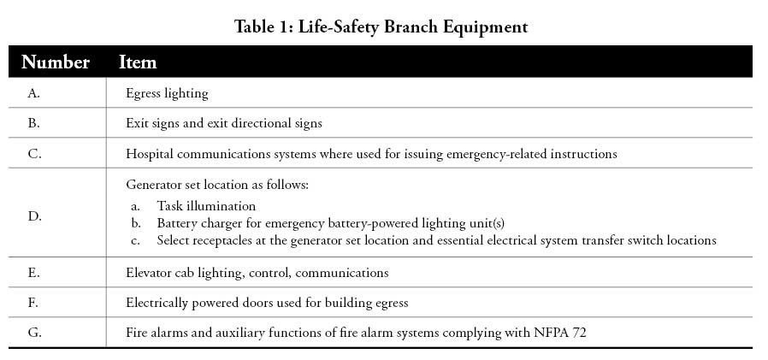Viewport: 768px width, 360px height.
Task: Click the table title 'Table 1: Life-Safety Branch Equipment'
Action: click(381, 27)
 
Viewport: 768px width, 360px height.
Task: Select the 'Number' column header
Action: click(56, 62)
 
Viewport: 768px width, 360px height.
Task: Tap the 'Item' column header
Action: click(138, 62)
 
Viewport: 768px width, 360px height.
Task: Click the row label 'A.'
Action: click(34, 93)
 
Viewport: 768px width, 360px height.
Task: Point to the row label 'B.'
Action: click(34, 123)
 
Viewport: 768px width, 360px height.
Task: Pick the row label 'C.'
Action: click(34, 153)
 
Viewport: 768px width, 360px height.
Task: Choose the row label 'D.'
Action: click(35, 216)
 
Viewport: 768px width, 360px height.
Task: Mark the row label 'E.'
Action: click(34, 272)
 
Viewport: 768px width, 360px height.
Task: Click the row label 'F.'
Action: click(33, 303)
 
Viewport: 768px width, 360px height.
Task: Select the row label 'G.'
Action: click(35, 333)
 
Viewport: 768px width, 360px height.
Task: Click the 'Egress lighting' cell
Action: click(167, 93)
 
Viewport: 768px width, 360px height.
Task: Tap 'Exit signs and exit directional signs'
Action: click(224, 123)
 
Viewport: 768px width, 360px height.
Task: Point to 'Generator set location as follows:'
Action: click(217, 185)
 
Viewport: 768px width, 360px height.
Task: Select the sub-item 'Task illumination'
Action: click(206, 206)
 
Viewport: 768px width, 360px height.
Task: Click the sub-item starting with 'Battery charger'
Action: click(331, 223)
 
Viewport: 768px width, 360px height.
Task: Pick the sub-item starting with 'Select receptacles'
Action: click(436, 240)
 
